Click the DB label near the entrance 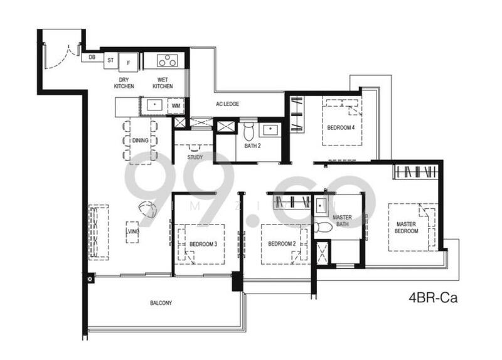tap(92, 57)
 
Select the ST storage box tap(110, 61)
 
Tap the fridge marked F tap(129, 61)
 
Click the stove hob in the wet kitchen tap(167, 61)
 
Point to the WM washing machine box tap(176, 106)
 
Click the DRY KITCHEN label tap(124, 83)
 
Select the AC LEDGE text tap(228, 105)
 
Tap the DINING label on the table tap(140, 140)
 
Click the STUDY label tap(195, 148)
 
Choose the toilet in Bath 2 tap(248, 131)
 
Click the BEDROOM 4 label tap(341, 128)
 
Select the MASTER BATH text tap(342, 221)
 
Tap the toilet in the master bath tap(322, 227)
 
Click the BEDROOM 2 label tap(281, 243)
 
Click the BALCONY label tap(161, 303)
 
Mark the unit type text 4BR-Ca tap(432, 298)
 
